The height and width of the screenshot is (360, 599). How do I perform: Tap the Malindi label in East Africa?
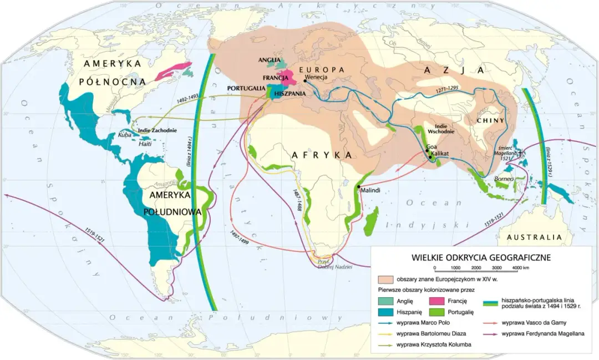click(x=370, y=191)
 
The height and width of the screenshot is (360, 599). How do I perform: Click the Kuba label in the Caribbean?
click(x=124, y=135)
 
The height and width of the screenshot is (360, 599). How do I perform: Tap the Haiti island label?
click(x=145, y=143)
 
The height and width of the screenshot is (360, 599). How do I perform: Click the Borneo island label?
click(x=502, y=179)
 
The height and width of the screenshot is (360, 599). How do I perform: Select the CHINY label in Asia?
click(x=494, y=120)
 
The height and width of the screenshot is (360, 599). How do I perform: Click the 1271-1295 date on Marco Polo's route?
click(x=448, y=88)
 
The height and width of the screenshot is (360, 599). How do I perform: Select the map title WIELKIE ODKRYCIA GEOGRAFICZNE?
click(x=481, y=257)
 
